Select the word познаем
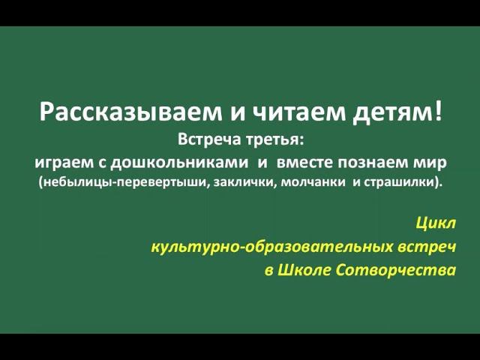click(375, 160)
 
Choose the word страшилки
click(400, 182)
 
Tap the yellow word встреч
click(428, 246)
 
